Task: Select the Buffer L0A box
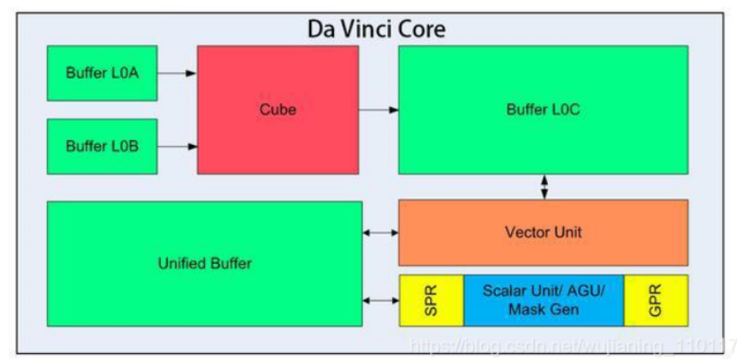coord(102,73)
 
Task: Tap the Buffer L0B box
coord(102,146)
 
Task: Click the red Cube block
coord(277,110)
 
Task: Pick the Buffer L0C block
coord(542,110)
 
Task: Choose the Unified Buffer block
coord(204,263)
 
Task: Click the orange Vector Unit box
coord(542,232)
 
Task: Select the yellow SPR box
coord(431,299)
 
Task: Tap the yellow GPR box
coord(655,299)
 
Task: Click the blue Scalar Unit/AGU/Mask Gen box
coord(543,299)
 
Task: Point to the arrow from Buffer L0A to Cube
coord(177,73)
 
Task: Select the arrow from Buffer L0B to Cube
coord(177,147)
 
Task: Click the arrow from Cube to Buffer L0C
coord(378,110)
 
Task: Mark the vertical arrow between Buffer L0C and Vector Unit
coord(544,186)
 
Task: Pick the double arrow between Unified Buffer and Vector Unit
coord(380,232)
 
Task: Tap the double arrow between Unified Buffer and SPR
coord(380,299)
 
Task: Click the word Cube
coord(277,110)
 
